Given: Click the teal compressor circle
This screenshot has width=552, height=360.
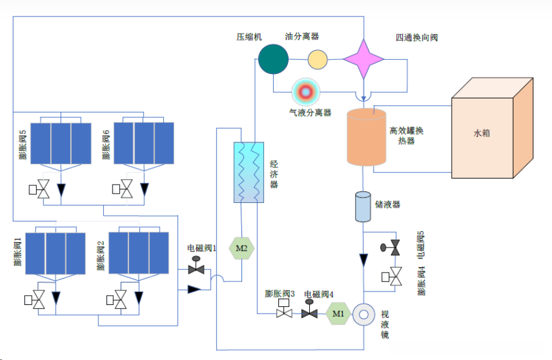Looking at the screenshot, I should click(x=273, y=59).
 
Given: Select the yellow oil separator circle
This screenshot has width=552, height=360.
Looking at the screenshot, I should click(x=317, y=59).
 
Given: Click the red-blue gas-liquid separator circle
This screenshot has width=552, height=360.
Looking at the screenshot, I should click(x=306, y=92).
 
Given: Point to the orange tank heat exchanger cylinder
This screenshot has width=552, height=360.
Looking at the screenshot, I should click(x=367, y=138).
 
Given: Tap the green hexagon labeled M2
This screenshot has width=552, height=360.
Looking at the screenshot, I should click(x=241, y=248).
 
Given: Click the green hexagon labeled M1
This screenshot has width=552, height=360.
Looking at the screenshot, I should click(x=338, y=314).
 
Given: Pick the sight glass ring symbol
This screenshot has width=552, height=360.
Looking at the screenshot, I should click(x=364, y=314).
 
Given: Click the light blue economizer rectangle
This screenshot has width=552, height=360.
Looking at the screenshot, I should click(x=248, y=172).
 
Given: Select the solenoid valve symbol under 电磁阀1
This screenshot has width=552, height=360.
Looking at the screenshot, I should click(x=196, y=268).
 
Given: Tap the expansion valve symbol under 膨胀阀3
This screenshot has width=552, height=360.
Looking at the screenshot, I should click(x=284, y=313).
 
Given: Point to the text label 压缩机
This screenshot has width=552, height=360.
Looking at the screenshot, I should click(x=249, y=37).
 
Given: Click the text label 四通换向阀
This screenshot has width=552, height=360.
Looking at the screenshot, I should click(x=416, y=37).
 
